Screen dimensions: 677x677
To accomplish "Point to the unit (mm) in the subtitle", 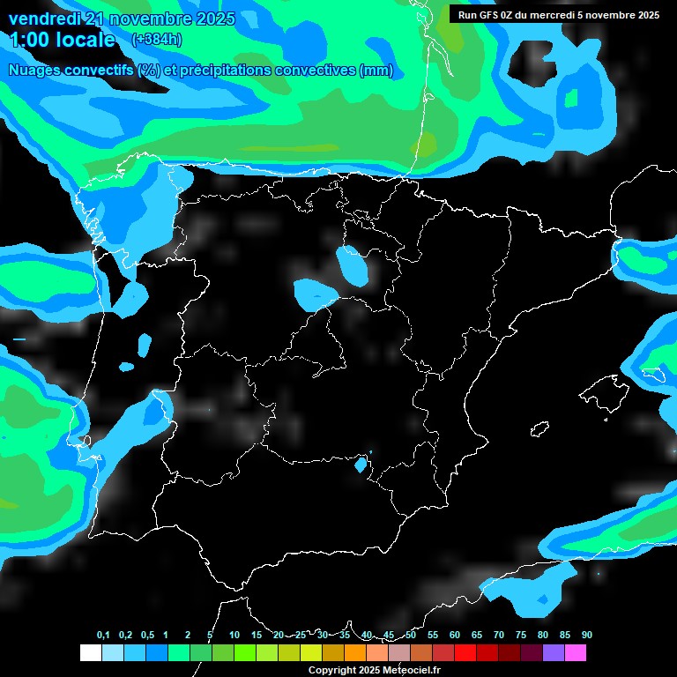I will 376,71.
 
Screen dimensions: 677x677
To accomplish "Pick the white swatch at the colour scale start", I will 90,653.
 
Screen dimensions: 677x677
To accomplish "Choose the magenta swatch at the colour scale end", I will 575,653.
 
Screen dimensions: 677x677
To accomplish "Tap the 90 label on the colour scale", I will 586,636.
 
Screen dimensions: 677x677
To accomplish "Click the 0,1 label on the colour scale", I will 103,636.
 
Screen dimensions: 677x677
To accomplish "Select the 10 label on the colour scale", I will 234,636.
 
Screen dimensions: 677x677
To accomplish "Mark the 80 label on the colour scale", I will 542,636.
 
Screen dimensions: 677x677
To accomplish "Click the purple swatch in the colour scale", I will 553,653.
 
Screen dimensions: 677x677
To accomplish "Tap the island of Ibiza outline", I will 539,429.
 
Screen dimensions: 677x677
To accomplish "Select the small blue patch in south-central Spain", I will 361,464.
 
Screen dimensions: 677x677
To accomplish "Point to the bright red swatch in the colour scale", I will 465,653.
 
